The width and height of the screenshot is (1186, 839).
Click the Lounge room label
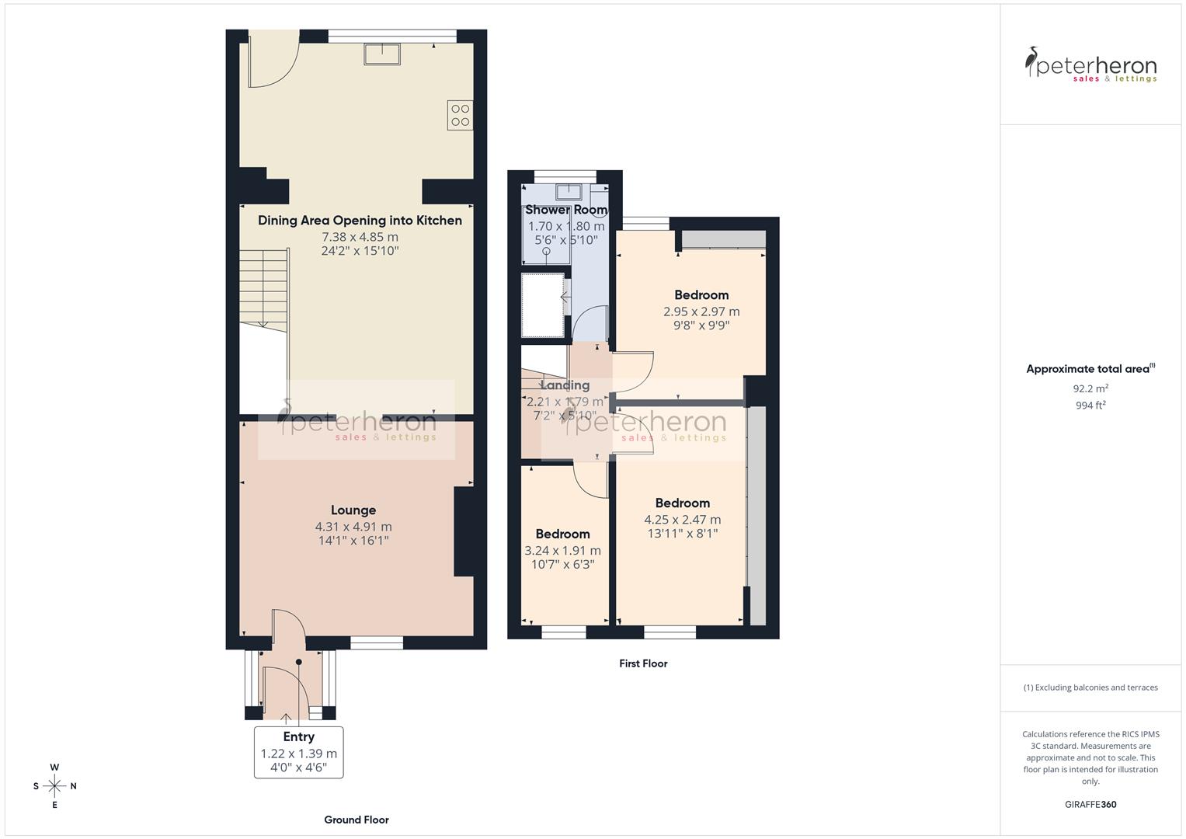click(353, 510)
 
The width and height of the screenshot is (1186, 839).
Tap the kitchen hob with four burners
click(460, 115)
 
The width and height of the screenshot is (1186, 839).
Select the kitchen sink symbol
click(382, 54)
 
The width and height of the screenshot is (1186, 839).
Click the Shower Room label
click(565, 211)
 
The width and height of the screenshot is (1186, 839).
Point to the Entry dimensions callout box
click(299, 752)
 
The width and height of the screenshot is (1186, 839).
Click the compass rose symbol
click(54, 786)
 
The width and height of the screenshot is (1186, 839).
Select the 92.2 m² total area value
click(1090, 388)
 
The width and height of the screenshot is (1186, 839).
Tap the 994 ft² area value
click(1090, 405)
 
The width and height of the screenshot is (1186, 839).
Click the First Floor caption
click(643, 663)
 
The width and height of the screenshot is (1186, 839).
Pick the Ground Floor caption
click(356, 820)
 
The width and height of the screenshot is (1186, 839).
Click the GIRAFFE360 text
click(1090, 805)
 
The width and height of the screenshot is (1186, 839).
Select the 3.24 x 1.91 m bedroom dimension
click(562, 550)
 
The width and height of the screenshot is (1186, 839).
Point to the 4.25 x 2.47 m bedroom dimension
click(682, 520)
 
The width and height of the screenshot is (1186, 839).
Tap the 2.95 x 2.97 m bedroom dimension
click(701, 312)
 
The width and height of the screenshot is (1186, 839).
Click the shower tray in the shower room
click(543, 305)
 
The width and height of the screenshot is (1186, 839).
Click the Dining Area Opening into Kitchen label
click(360, 221)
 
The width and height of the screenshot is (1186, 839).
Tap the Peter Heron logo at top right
click(1090, 65)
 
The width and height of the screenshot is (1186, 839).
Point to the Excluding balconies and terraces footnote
click(1090, 688)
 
